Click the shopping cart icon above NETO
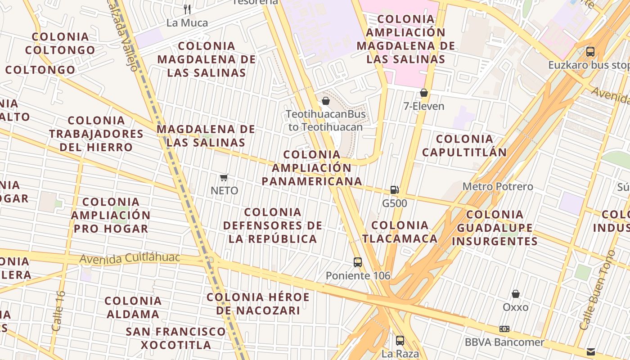coord(224,178)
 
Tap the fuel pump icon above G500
coord(394,190)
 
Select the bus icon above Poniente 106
coord(358,262)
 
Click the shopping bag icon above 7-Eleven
coord(423,93)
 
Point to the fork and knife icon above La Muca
coord(187,9)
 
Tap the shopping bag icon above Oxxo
coord(516,294)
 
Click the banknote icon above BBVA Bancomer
coord(504,329)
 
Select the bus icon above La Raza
coord(400,341)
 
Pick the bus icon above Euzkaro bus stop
coord(590,52)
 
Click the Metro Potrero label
coord(498,186)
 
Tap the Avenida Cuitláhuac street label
coord(130,258)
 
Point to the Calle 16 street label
coord(58,311)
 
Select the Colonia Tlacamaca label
coord(400,232)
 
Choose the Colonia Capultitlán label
coord(464,145)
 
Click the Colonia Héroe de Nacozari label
coord(258,304)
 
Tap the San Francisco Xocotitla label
coord(175,338)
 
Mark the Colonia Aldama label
coord(133,307)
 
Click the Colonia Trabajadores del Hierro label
coord(96,134)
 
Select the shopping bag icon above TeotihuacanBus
coord(326,101)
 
